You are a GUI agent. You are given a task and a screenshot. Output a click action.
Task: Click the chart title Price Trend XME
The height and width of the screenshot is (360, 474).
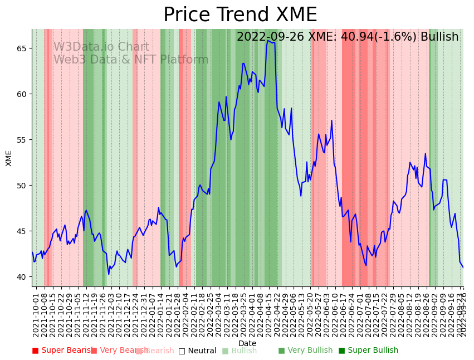pyautogui.click(x=240, y=15)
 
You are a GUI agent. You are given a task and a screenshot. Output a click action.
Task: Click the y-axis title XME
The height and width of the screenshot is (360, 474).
pyautogui.click(x=9, y=158)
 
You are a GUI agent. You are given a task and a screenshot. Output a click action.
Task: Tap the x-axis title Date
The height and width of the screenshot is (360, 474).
pyautogui.click(x=247, y=344)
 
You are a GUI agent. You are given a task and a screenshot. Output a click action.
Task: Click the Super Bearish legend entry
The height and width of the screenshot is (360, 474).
pyautogui.click(x=63, y=351)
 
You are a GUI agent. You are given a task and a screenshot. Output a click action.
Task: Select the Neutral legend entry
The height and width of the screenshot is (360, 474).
pyautogui.click(x=198, y=351)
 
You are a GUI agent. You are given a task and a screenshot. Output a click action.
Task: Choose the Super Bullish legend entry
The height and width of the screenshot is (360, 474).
pyautogui.click(x=369, y=351)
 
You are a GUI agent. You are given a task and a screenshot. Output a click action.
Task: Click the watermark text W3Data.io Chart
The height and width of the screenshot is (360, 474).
pyautogui.click(x=101, y=47)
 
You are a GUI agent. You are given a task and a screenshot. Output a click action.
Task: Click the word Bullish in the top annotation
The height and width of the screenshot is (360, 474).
pyautogui.click(x=439, y=37)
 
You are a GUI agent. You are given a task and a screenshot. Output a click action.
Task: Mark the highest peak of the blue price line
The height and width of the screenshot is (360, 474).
pyautogui.click(x=268, y=40)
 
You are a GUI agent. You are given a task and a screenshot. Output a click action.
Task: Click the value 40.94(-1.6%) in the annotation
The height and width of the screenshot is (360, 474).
pyautogui.click(x=384, y=37)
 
